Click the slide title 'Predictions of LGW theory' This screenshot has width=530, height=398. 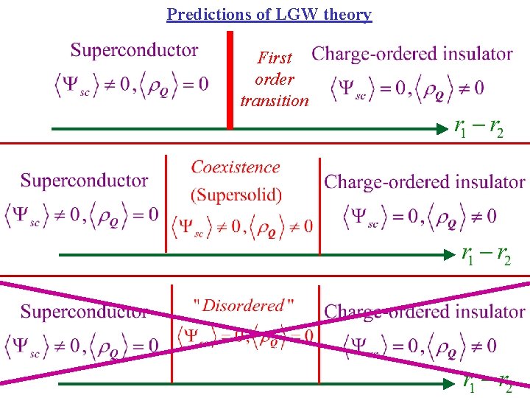tap(269, 14)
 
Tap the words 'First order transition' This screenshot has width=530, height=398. tap(275, 79)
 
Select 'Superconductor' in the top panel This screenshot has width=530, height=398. tap(134, 50)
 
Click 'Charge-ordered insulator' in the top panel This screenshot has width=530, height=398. tap(412, 54)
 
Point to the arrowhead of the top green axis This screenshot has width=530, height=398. tap(447, 129)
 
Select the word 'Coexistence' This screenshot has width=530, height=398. tap(236, 167)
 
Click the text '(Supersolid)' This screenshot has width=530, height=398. tap(236, 195)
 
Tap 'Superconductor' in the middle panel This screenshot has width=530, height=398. tap(84, 181)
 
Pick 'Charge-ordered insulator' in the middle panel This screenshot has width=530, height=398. tap(425, 181)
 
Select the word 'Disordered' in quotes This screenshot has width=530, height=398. tap(243, 305)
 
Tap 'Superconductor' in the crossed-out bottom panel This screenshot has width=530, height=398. tap(84, 311)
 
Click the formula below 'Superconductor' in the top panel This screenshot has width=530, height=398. tap(132, 84)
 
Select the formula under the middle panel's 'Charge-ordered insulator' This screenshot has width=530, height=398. tap(420, 216)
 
